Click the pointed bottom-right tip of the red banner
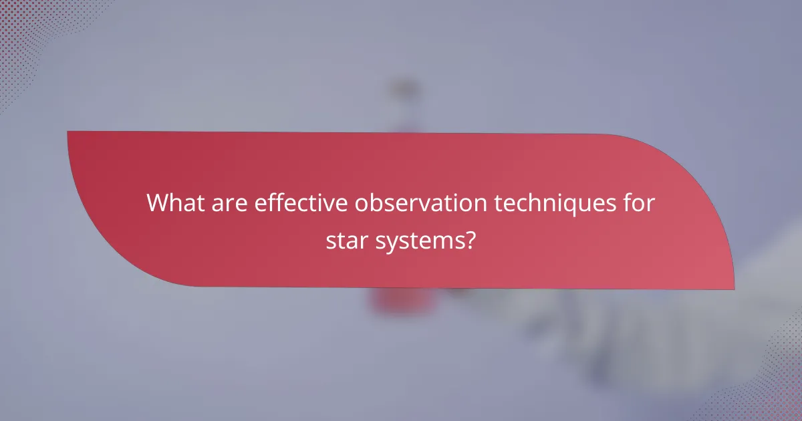732,288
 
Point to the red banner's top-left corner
69,132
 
